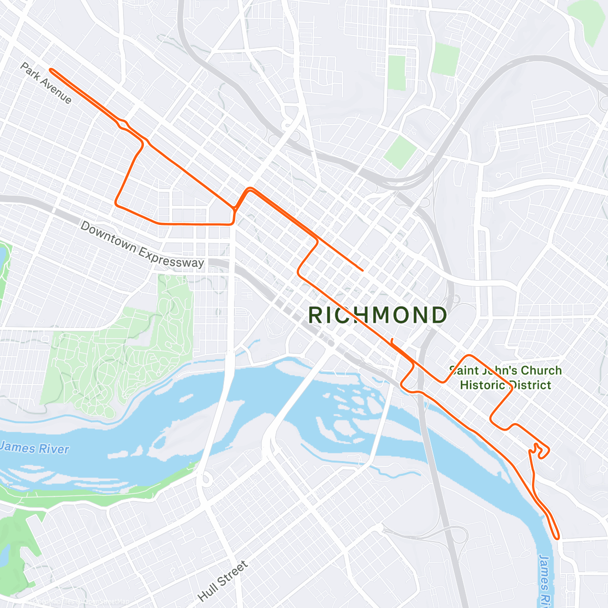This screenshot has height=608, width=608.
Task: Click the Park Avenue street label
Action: tap(46, 83)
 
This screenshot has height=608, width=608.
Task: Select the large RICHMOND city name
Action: tap(377, 315)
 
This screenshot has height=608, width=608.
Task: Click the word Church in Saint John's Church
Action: tap(541, 370)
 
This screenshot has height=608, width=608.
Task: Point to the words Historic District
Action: tap(505, 385)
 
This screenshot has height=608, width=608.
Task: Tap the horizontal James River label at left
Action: tap(34, 448)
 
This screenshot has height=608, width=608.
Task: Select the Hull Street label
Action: tap(223, 581)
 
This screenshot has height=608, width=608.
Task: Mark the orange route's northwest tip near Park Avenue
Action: tap(50, 70)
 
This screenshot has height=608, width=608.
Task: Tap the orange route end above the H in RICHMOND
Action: tap(362, 270)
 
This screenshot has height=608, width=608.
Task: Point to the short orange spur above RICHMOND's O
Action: tap(392, 340)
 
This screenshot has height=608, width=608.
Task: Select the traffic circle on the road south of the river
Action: tap(206, 479)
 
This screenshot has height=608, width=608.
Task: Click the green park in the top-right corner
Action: tap(588, 20)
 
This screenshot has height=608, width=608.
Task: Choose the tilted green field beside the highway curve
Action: tap(400, 151)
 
